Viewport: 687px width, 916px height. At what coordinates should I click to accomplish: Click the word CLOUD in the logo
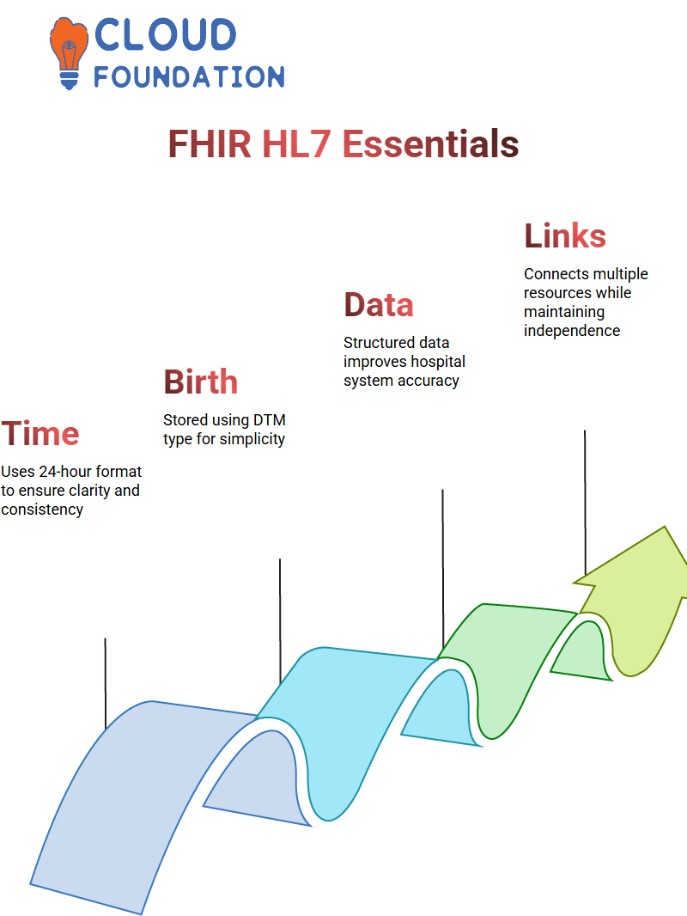coord(165,34)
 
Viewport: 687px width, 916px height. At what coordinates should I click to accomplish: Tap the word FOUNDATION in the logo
coord(189,76)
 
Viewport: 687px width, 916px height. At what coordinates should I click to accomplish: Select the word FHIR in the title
coord(210,144)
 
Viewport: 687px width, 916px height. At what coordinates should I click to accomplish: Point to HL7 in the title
coord(296,144)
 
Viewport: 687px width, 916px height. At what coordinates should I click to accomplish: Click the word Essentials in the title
coord(430,144)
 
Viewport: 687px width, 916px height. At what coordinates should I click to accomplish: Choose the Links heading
coord(565,235)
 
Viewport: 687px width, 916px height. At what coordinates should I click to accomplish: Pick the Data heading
coord(379,305)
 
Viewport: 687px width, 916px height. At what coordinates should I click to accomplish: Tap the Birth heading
coord(201,382)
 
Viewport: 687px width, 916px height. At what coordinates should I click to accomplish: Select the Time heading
coord(40,433)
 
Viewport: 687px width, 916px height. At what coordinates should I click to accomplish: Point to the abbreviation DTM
coord(269,420)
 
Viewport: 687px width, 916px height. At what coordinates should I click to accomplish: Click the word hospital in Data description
coord(437,362)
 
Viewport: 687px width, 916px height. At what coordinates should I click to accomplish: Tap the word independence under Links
coord(572,331)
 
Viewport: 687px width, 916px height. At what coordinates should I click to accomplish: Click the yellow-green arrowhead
coord(631,602)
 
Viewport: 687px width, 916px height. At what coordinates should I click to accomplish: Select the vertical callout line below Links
coord(585,503)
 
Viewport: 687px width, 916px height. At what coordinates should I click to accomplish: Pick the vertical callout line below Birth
coord(280,621)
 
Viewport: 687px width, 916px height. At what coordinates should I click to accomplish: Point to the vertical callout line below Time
coord(106,683)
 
